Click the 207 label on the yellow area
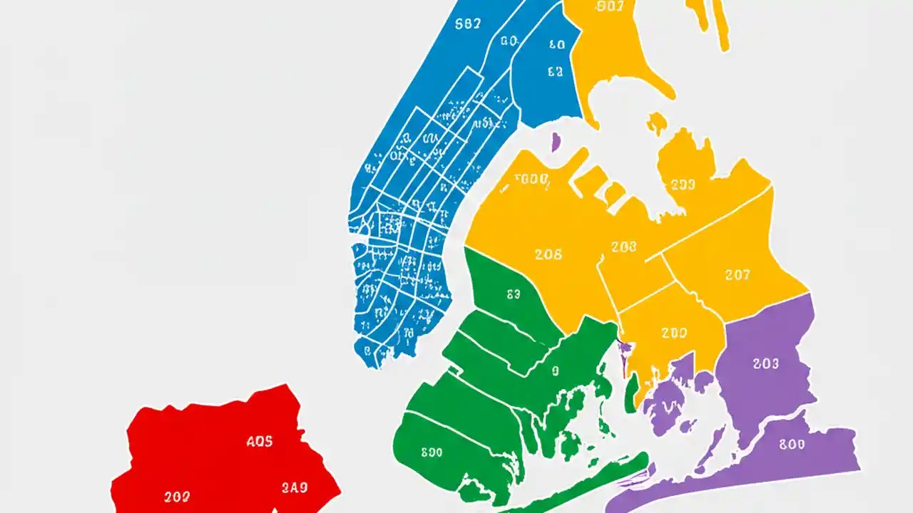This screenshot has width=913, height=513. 737,275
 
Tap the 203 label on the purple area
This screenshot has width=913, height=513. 765,363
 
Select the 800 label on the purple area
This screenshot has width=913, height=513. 792,445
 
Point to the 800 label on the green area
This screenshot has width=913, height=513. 432,452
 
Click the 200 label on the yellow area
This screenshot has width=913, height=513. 673,333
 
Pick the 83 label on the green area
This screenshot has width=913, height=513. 513,294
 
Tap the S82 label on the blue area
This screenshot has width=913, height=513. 467,23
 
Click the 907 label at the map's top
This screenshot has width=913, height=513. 608,7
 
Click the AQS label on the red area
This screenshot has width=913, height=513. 259,442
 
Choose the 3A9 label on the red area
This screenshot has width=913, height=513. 294,488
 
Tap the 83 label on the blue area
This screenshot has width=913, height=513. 555,71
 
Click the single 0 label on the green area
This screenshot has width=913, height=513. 555,370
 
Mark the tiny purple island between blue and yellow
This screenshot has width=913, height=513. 556,141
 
